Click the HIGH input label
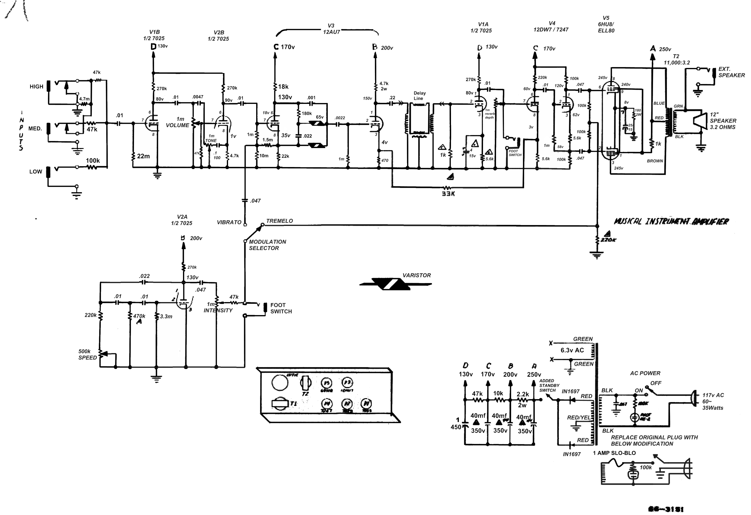[36, 87]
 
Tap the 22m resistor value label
[143, 156]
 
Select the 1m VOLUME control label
[178, 122]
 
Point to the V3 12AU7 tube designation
[331, 29]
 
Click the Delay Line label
[420, 96]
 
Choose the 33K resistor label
[448, 194]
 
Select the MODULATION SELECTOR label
[267, 245]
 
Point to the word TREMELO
[279, 221]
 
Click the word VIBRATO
[229, 223]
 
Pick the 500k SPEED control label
[87, 355]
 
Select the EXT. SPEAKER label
[731, 72]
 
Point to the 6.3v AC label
[572, 350]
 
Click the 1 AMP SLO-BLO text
[614, 453]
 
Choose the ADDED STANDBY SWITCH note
[549, 386]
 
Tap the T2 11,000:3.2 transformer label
[676, 60]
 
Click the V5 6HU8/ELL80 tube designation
[606, 24]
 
